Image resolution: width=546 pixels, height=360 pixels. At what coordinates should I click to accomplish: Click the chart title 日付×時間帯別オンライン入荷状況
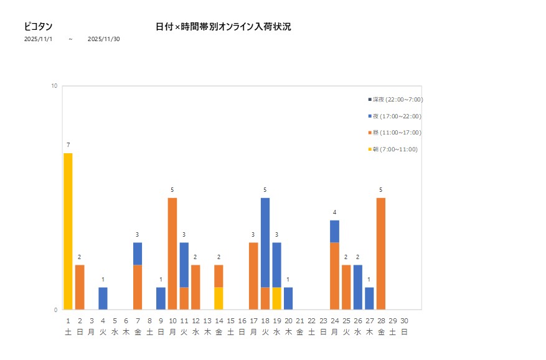tap(223, 27)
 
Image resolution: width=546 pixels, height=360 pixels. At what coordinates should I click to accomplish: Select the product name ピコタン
tap(38, 27)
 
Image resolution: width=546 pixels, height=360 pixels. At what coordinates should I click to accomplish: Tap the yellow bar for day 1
tap(68, 231)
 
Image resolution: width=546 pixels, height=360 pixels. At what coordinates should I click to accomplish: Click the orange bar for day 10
tap(172, 253)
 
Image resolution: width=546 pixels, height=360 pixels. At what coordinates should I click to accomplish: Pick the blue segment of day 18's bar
tap(265, 242)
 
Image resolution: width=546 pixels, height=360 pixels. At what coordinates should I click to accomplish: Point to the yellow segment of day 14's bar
tap(219, 298)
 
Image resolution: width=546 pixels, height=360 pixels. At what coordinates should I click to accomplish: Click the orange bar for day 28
tap(381, 253)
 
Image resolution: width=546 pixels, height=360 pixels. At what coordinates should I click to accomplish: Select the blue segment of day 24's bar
tap(335, 231)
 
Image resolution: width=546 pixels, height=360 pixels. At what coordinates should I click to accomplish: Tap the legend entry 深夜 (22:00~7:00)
tap(396, 100)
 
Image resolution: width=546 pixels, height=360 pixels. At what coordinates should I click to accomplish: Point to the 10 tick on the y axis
tap(54, 86)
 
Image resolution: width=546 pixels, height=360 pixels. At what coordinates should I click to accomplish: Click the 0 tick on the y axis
tap(55, 310)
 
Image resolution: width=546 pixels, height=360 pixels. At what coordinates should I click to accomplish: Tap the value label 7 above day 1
tap(68, 145)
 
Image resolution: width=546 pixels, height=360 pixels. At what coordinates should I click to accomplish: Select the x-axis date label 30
tap(404, 321)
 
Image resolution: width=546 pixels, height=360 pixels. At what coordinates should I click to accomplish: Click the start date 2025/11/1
tap(39, 39)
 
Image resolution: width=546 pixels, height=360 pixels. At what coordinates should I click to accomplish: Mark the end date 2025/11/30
tap(104, 39)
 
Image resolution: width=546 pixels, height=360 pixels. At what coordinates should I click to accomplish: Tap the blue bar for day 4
tap(103, 298)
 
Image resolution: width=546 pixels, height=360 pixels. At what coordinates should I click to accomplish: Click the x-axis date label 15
tap(230, 321)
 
